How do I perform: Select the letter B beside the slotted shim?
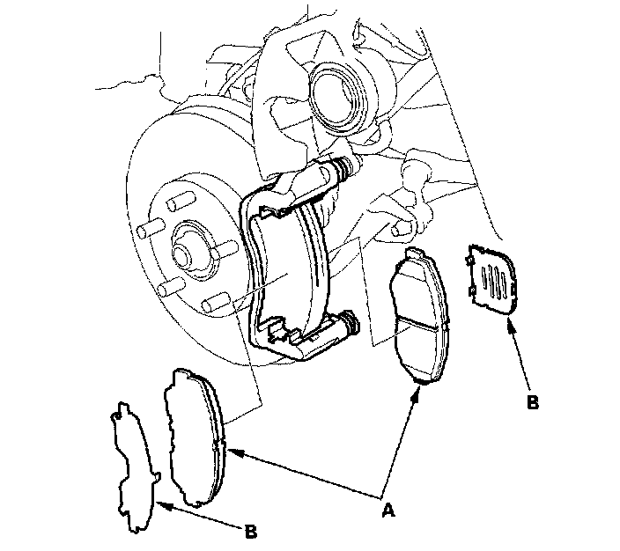[x=531, y=403]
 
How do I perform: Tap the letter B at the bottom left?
[x=251, y=532]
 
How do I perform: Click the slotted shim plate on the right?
[x=493, y=277]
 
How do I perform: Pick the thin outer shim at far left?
[x=131, y=467]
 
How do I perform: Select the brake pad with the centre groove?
[x=421, y=317]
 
